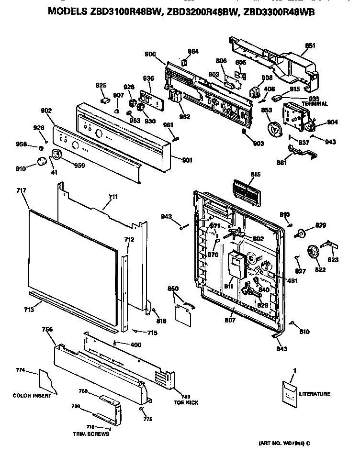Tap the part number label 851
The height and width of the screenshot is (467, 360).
pyautogui.click(x=310, y=46)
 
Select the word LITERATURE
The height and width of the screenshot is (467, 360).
pyautogui.click(x=315, y=394)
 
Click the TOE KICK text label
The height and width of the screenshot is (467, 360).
pyautogui.click(x=186, y=402)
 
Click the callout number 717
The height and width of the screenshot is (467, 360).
pyautogui.click(x=21, y=190)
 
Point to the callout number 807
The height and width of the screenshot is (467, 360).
pyautogui.click(x=230, y=320)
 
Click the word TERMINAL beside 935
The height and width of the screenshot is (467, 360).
pyautogui.click(x=315, y=103)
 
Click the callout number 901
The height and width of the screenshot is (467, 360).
pyautogui.click(x=187, y=160)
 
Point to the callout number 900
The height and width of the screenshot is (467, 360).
pyautogui.click(x=150, y=54)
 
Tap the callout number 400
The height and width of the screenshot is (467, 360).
pyautogui.click(x=136, y=344)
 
